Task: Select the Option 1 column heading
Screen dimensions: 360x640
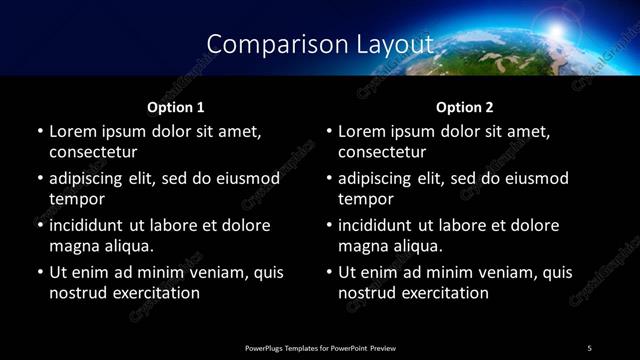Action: pos(176,107)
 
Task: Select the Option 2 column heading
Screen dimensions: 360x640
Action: pos(465,107)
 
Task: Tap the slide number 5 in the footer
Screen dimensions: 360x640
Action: pos(589,347)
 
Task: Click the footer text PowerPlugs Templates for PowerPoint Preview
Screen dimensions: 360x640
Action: pos(320,347)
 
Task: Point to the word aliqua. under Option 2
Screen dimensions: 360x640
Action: pos(415,246)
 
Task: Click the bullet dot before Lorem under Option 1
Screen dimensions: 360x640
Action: pos(39,131)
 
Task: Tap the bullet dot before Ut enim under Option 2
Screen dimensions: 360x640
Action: pos(328,272)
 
